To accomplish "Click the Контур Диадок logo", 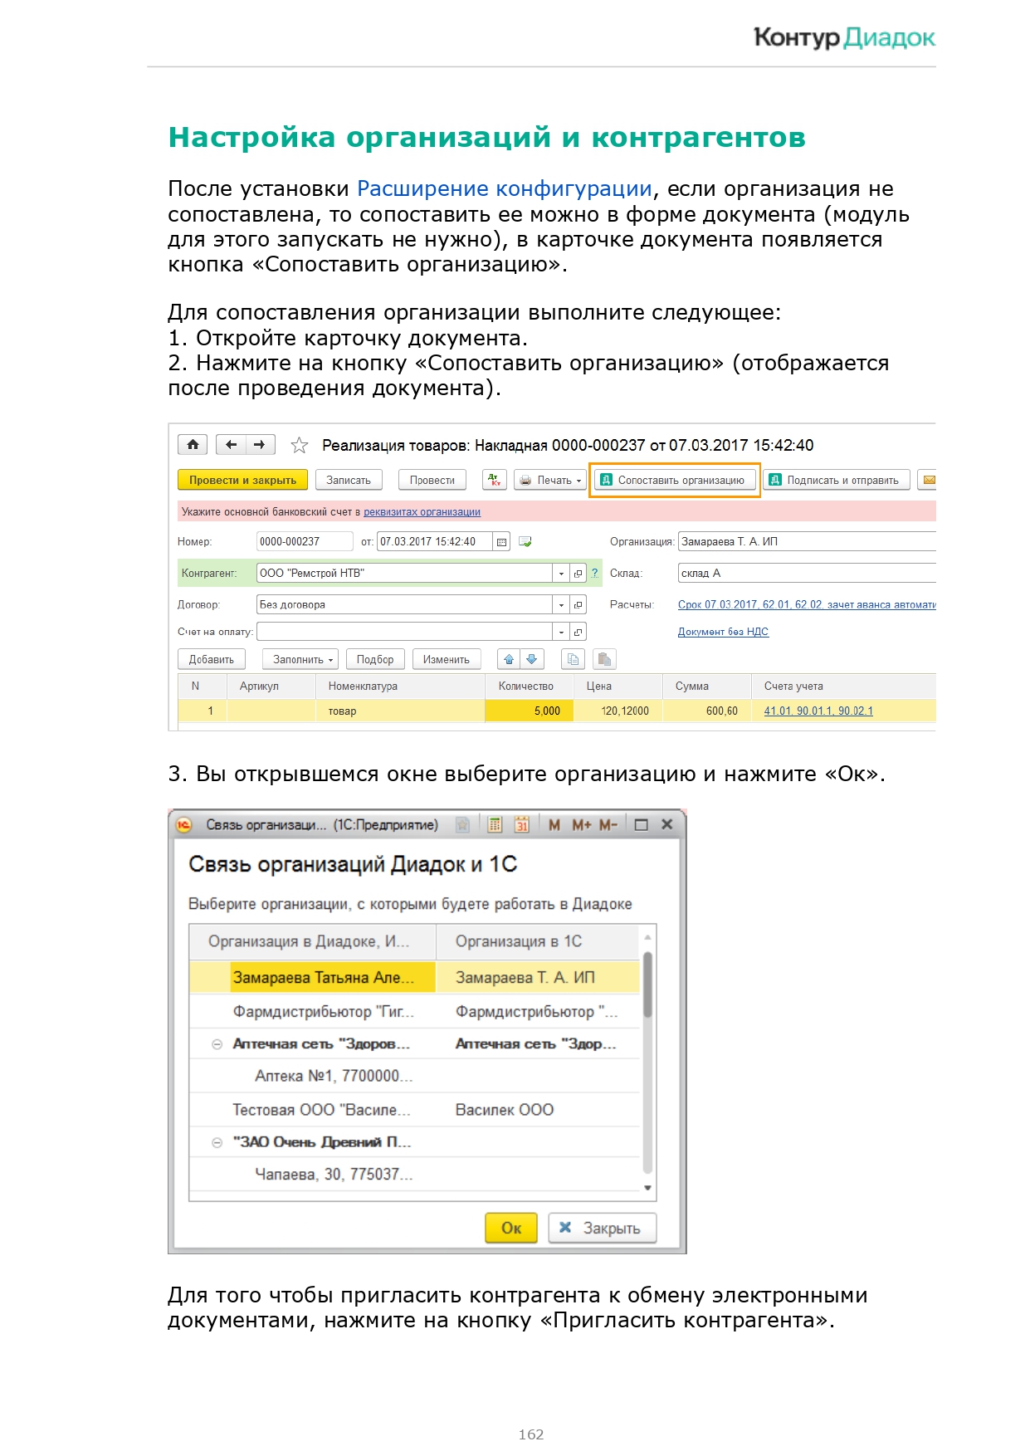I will click(843, 37).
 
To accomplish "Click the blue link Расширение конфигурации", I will click(504, 189).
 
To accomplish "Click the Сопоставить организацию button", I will click(674, 481).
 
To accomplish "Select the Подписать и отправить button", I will click(836, 481).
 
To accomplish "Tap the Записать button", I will click(349, 481).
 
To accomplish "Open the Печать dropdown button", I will click(551, 481).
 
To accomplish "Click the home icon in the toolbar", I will click(193, 445).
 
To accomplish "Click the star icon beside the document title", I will click(300, 446).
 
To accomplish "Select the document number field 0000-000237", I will click(304, 542).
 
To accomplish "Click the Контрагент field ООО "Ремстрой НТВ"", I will click(404, 574).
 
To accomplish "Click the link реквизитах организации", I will click(422, 512).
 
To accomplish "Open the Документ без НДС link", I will click(723, 632).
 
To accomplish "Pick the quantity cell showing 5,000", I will click(530, 711).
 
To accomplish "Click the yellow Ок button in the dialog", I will click(511, 1229).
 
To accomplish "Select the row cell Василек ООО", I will click(505, 1110).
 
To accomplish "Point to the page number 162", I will click(531, 1434).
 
